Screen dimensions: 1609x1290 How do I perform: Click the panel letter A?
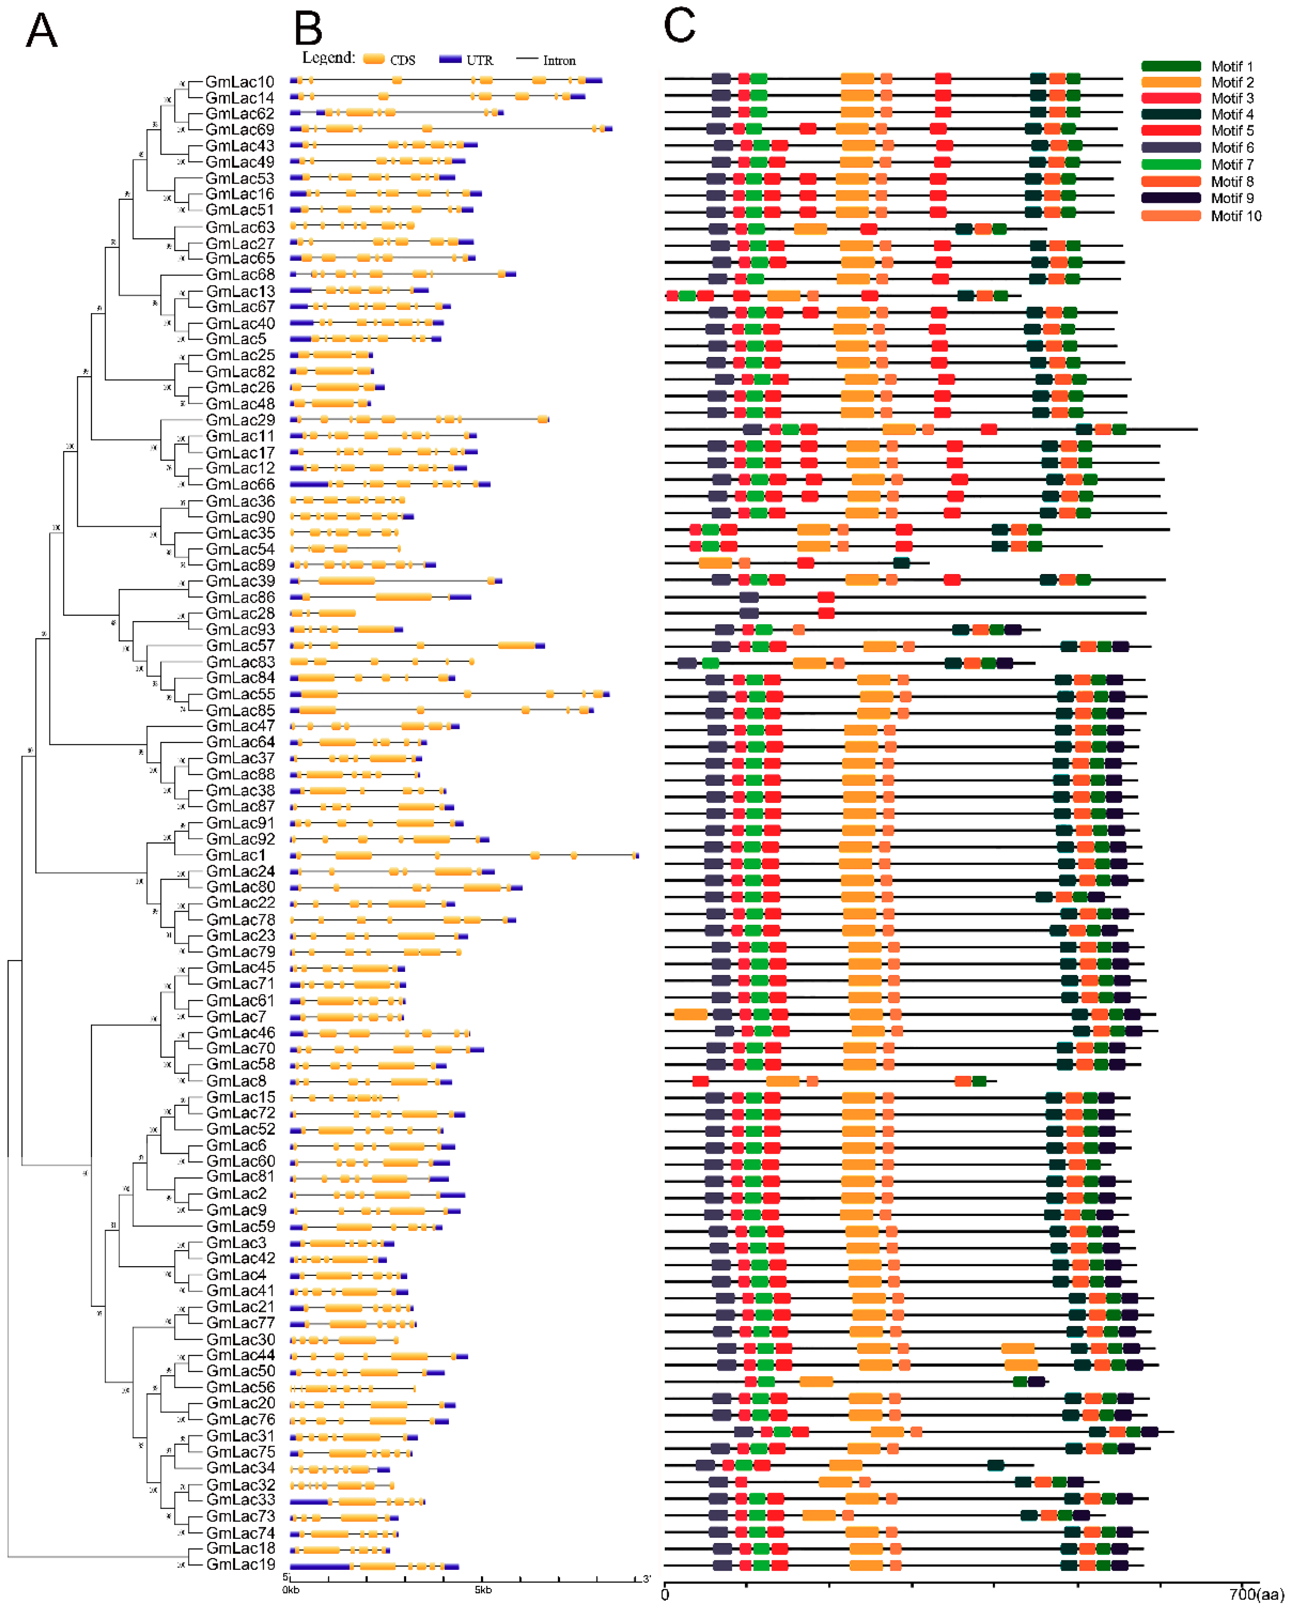42,31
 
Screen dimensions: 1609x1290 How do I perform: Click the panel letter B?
308,30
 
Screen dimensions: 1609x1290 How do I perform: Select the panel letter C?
679,26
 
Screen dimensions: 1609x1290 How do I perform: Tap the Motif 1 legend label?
1232,66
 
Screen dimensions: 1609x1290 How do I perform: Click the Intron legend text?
559,60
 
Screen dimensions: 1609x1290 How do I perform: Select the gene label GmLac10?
239,82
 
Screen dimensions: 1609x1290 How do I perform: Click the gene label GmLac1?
236,855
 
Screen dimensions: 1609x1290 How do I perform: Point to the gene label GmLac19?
240,1565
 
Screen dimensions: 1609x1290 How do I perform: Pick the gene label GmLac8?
236,1081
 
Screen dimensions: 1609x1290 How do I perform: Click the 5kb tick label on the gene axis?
483,1589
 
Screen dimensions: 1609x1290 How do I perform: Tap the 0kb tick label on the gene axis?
291,1589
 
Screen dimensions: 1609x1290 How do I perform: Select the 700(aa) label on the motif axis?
1256,1595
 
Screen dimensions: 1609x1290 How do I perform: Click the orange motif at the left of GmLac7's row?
691,1014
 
